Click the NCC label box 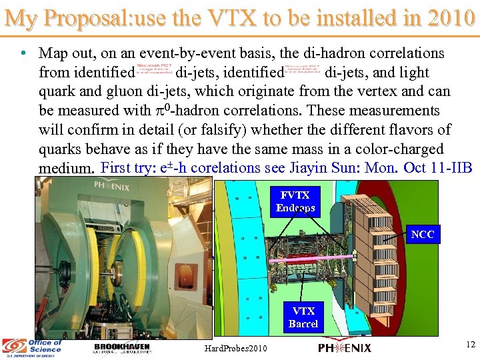pos(423,234)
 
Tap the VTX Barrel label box pos(303,317)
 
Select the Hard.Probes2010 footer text pos(236,348)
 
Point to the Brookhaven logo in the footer pos(122,349)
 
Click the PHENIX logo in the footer pos(345,347)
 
